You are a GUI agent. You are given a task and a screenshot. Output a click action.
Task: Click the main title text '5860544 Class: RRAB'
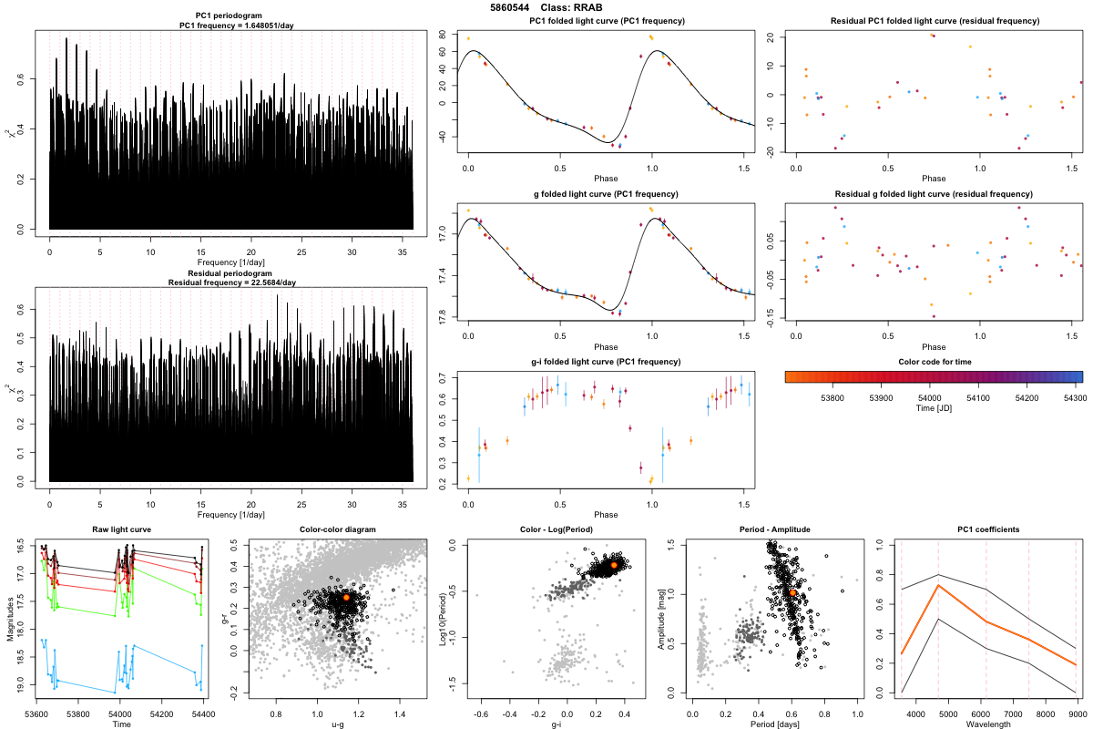pyautogui.click(x=546, y=7)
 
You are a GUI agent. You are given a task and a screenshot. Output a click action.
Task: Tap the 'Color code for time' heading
pyautogui.click(x=933, y=362)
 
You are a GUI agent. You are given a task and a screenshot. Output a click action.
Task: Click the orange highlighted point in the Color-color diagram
pyautogui.click(x=345, y=597)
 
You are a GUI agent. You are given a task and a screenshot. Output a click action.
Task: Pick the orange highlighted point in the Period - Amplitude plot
pyautogui.click(x=792, y=592)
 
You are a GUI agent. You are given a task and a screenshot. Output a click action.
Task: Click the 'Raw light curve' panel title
pyautogui.click(x=121, y=529)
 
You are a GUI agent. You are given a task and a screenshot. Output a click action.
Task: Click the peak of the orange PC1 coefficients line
pyautogui.click(x=938, y=585)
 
